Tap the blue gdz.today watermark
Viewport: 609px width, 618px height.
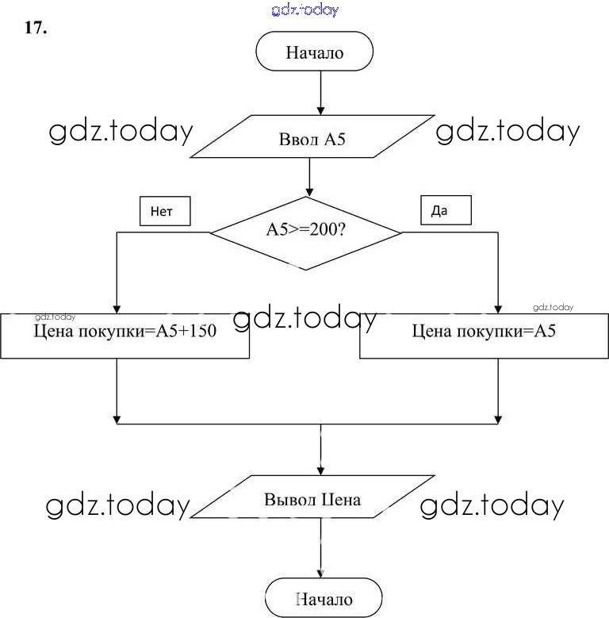304,10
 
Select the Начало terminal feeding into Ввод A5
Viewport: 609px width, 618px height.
314,54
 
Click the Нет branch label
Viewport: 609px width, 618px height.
165,211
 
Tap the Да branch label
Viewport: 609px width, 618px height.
445,210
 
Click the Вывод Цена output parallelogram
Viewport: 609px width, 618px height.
312,501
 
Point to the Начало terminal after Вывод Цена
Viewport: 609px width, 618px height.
324,600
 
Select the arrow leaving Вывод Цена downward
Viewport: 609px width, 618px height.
321,551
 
